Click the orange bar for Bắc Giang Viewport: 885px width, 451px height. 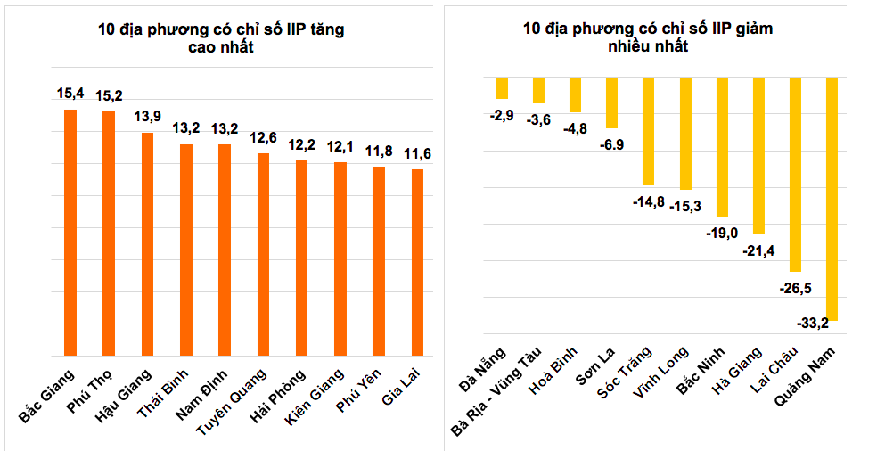(70, 232)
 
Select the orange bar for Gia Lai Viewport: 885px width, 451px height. (417, 262)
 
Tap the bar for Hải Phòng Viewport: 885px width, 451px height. (301, 258)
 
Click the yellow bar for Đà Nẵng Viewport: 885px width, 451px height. (502, 87)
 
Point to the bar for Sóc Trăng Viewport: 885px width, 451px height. (648, 130)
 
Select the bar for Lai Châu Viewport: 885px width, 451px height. (795, 174)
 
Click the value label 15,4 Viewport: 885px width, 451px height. (70, 93)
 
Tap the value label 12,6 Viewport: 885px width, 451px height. (263, 137)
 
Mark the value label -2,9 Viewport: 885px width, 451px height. (502, 115)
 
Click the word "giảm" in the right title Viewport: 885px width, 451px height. (754, 29)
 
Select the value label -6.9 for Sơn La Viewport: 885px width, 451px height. (611, 143)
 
